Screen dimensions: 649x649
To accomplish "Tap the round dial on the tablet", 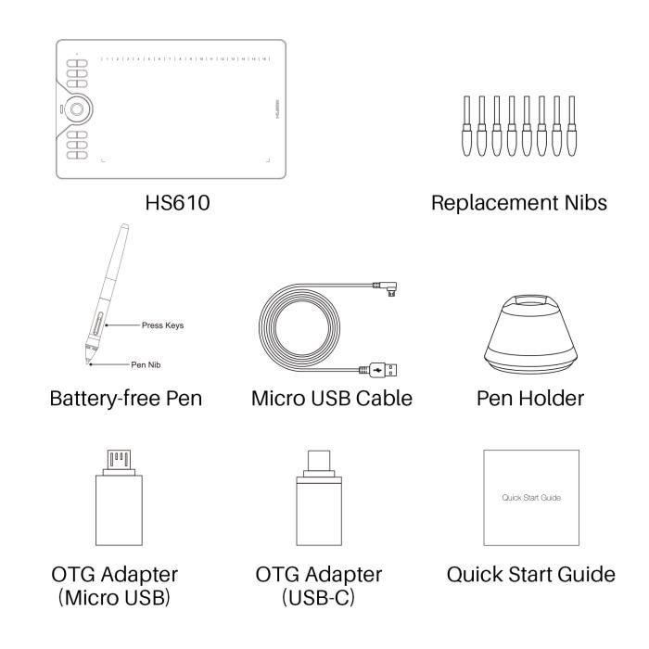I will (78, 108).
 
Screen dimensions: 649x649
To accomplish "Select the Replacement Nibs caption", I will (519, 202).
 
